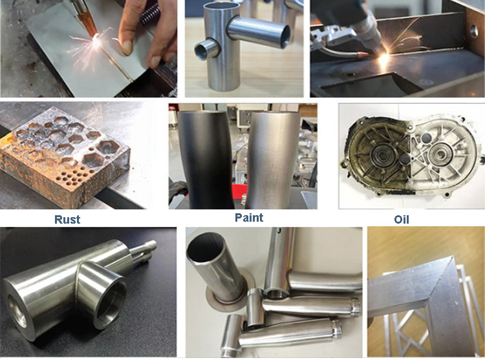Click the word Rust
[67, 219]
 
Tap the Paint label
[249, 217]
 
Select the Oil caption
[402, 219]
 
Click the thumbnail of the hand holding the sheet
[89, 48]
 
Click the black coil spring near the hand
[150, 14]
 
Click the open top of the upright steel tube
[221, 7]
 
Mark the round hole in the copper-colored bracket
[473, 31]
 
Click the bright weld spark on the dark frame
[383, 58]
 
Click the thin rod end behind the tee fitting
[145, 251]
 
